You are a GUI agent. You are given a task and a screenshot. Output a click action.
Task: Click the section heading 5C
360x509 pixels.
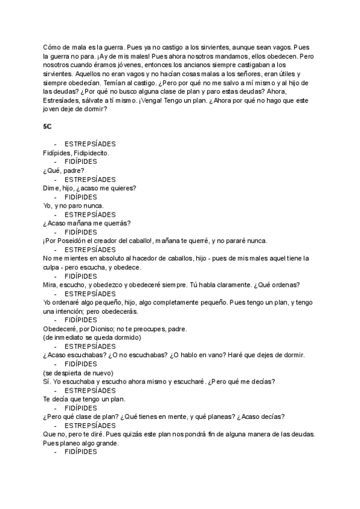click(47, 128)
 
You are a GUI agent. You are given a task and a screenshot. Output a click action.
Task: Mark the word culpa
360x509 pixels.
click(53, 267)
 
